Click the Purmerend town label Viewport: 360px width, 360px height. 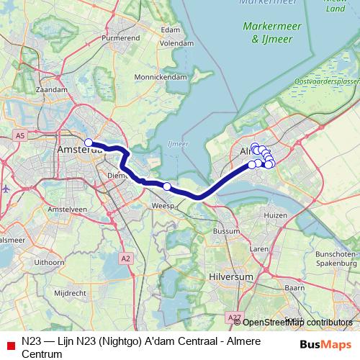point(120,36)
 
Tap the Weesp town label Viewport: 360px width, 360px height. point(164,206)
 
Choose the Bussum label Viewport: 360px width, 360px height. point(226,231)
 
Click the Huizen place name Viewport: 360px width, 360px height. point(276,215)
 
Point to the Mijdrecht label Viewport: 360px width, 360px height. point(71,293)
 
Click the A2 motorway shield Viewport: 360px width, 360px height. point(126,258)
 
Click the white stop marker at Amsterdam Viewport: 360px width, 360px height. point(89,143)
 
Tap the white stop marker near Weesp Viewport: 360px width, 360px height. point(167,186)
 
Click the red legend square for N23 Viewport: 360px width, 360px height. point(10,343)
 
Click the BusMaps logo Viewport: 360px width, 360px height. point(325,344)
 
